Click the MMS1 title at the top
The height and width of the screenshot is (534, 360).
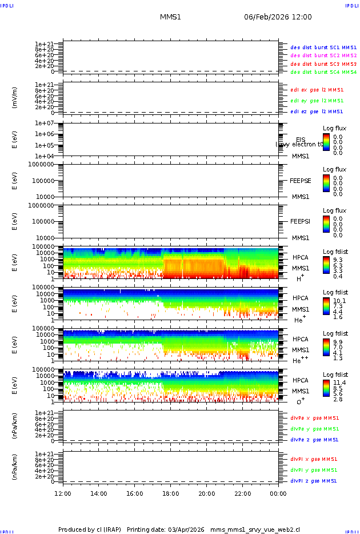tap(170, 17)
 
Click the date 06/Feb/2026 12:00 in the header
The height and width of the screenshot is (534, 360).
tap(278, 17)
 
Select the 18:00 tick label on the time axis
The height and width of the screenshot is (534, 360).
tap(171, 493)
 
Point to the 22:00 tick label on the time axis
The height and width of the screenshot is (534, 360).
tap(243, 493)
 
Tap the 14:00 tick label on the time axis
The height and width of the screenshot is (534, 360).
tap(99, 493)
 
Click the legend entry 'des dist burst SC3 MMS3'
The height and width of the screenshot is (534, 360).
tap(323, 64)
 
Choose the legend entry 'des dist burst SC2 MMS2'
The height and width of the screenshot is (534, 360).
tap(323, 55)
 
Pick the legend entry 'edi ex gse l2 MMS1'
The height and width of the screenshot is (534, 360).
tap(317, 90)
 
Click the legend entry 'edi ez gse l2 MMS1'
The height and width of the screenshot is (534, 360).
tap(317, 111)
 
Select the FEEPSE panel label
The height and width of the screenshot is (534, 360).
tap(301, 181)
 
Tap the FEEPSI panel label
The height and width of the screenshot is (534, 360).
tap(301, 221)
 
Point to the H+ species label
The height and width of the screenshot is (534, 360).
tap(300, 278)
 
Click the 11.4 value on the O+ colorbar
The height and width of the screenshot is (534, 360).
tap(338, 382)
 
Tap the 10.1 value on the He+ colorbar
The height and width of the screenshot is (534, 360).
tap(338, 300)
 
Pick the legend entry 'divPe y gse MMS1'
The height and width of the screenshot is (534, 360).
tap(314, 429)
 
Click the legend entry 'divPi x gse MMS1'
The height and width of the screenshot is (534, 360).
tap(314, 459)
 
